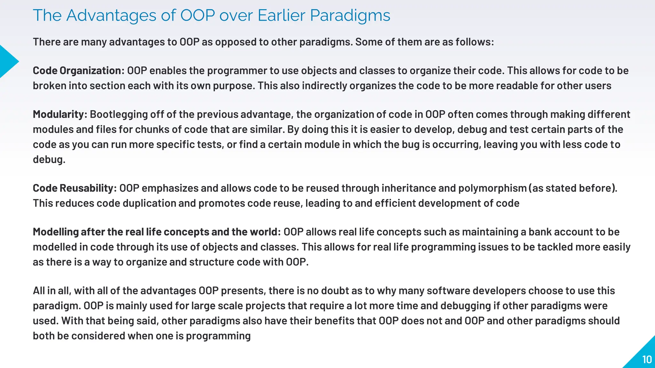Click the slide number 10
point(647,360)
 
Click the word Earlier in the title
point(281,15)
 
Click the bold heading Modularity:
point(60,114)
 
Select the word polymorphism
point(492,188)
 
